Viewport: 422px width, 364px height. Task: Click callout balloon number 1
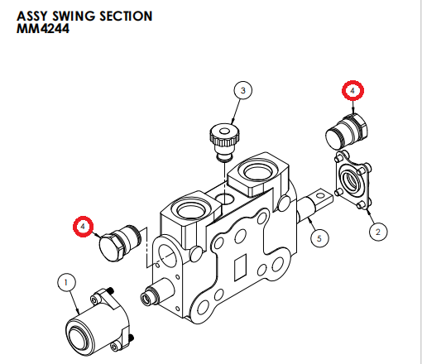pos(66,282)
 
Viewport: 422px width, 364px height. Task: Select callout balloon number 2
pos(378,232)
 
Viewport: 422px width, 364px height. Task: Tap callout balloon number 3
pos(242,90)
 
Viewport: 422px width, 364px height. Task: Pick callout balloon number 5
pos(319,238)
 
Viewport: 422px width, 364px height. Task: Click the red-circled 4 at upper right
pos(352,90)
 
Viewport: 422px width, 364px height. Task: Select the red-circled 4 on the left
pos(83,227)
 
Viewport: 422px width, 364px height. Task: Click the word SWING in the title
pos(74,16)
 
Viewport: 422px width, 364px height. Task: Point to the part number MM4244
pos(43,29)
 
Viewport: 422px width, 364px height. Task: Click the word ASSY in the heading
pos(32,16)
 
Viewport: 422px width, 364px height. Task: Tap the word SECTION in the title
pos(126,16)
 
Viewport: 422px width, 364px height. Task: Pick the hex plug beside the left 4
pos(120,242)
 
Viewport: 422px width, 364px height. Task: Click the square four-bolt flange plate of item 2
pos(353,180)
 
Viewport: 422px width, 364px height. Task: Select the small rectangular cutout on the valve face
pos(240,267)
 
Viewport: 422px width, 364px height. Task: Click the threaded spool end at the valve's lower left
pos(156,292)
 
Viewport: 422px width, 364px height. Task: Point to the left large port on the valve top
pos(191,211)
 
